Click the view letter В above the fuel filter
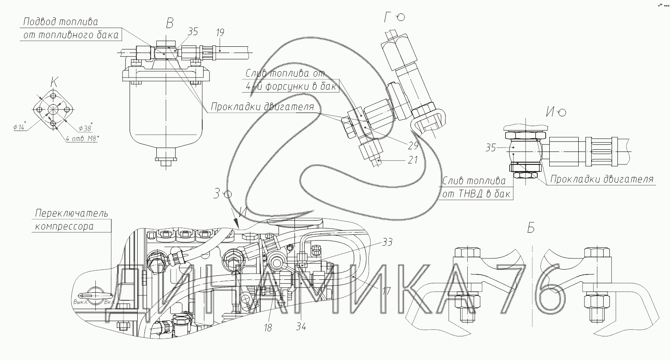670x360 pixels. tap(170, 23)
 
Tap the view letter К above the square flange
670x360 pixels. tap(54, 82)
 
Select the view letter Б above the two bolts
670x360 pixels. tap(531, 228)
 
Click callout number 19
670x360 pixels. tap(220, 33)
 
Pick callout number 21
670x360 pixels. tap(413, 160)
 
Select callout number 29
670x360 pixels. tap(413, 146)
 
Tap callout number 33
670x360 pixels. tap(387, 242)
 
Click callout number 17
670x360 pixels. tap(386, 291)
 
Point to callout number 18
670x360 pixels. tap(268, 328)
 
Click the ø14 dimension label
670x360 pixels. tap(19, 127)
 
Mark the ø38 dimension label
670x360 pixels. tap(86, 128)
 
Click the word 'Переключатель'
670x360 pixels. tap(72, 213)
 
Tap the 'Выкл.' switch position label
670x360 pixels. tap(81, 302)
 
